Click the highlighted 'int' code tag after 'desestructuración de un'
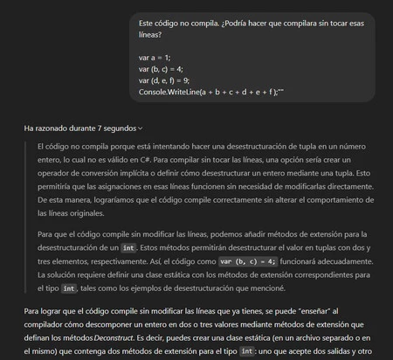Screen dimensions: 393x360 (127, 248)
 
